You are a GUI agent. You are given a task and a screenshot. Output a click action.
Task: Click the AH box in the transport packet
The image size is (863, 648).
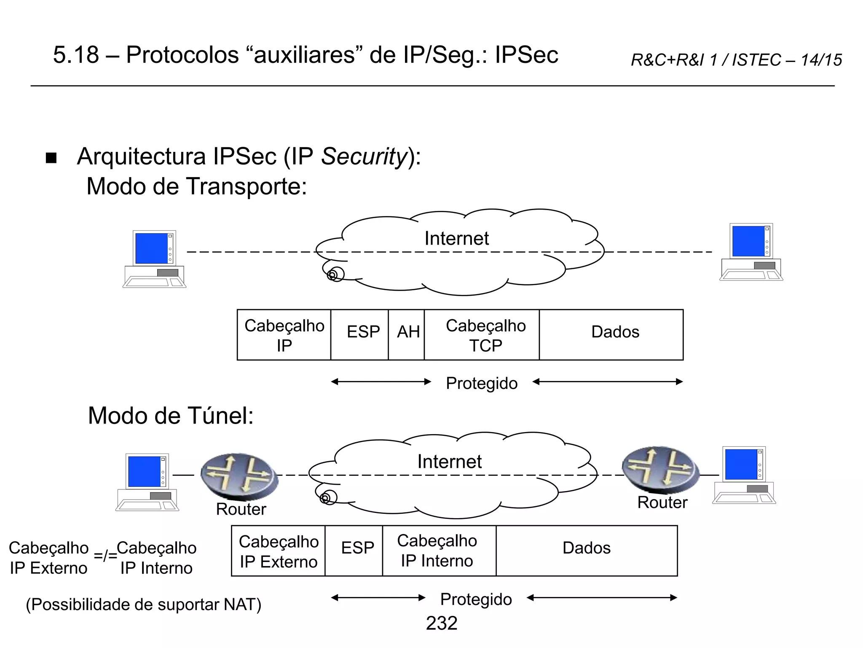406,335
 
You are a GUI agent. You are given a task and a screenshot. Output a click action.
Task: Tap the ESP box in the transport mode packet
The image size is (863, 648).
359,335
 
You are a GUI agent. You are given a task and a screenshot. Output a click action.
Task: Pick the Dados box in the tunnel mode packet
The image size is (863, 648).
587,550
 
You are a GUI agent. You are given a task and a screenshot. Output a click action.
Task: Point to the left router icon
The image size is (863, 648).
239,475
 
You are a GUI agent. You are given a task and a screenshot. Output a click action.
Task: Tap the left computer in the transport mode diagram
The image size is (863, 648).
155,259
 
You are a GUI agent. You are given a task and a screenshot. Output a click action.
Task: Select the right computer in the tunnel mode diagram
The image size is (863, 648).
744,475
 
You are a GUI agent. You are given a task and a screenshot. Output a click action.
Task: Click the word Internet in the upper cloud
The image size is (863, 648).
456,239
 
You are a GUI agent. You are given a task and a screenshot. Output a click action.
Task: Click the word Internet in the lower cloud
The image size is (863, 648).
449,462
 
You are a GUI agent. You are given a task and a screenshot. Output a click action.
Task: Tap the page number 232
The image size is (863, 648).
441,623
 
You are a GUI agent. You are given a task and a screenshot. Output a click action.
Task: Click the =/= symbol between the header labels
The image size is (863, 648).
105,556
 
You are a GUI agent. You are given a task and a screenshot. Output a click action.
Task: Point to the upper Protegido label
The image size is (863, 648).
482,383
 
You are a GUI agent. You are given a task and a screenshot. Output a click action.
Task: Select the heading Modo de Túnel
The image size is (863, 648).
171,416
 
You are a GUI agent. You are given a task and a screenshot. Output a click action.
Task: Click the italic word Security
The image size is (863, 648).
364,157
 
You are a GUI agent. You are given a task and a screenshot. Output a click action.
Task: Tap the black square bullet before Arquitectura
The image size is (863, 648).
51,158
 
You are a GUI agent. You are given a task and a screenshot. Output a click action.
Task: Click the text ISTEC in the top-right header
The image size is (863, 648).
756,60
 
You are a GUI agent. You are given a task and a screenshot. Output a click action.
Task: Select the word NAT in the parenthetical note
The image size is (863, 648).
239,605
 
